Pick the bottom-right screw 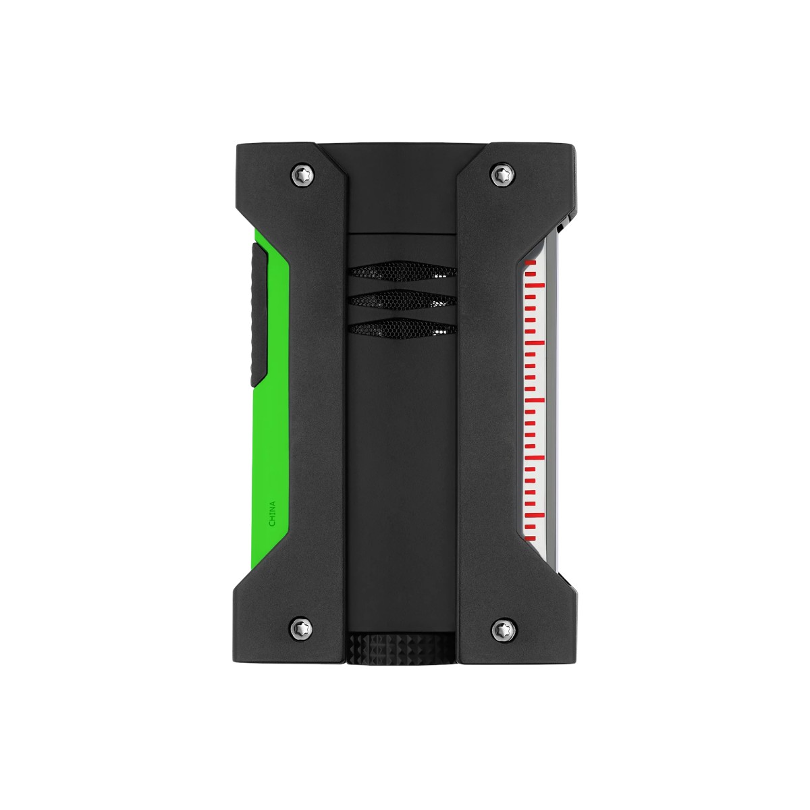coord(500,629)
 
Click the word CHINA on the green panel coord(272,514)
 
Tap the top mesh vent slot coord(402,273)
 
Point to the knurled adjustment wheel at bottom coord(401,651)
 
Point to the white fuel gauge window coord(540,405)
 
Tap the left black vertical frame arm coord(317,405)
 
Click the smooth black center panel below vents coord(401,473)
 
